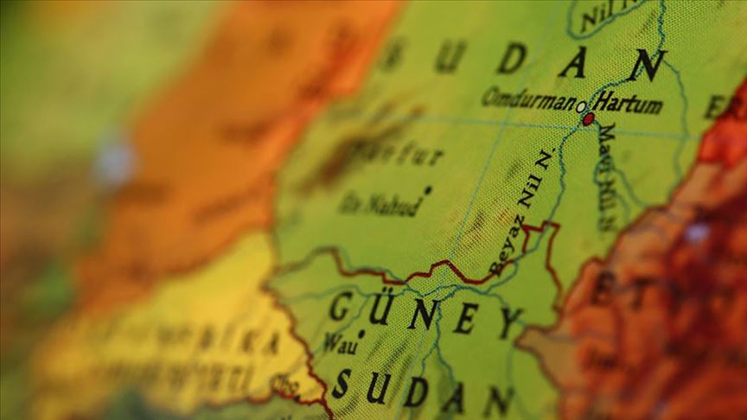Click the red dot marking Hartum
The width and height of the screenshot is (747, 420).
pyautogui.click(x=588, y=119)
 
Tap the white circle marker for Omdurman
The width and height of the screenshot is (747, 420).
pyautogui.click(x=582, y=107)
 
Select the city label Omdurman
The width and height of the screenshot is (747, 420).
pyautogui.click(x=528, y=99)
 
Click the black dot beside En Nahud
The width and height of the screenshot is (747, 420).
pyautogui.click(x=427, y=188)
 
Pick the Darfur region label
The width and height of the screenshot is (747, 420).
pyautogui.click(x=406, y=156)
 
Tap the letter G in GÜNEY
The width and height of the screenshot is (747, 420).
pyautogui.click(x=340, y=304)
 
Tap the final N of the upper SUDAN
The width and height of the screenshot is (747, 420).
pyautogui.click(x=648, y=65)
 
